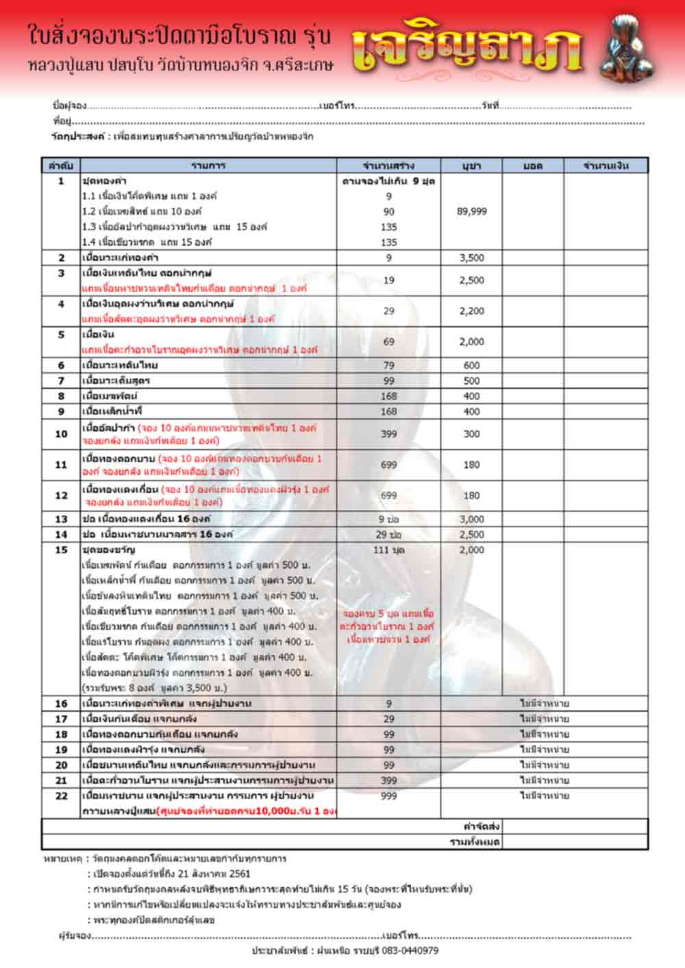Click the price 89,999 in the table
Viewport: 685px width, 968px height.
coord(471,212)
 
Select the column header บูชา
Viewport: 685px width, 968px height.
coord(471,166)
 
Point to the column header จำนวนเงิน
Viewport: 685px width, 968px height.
coord(606,166)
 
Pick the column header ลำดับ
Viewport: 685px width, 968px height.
coord(61,166)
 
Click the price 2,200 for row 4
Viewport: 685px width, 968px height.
coord(471,311)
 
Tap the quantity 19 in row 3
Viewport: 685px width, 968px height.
coord(389,280)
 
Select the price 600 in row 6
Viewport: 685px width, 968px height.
coord(471,366)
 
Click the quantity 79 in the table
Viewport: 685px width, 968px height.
coord(389,366)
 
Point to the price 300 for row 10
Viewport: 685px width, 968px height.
coord(471,434)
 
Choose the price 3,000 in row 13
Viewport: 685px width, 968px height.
coord(471,520)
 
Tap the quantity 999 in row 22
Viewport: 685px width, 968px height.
coord(389,795)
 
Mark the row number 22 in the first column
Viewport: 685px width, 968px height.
coord(61,795)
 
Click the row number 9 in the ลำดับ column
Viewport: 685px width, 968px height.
coord(61,411)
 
